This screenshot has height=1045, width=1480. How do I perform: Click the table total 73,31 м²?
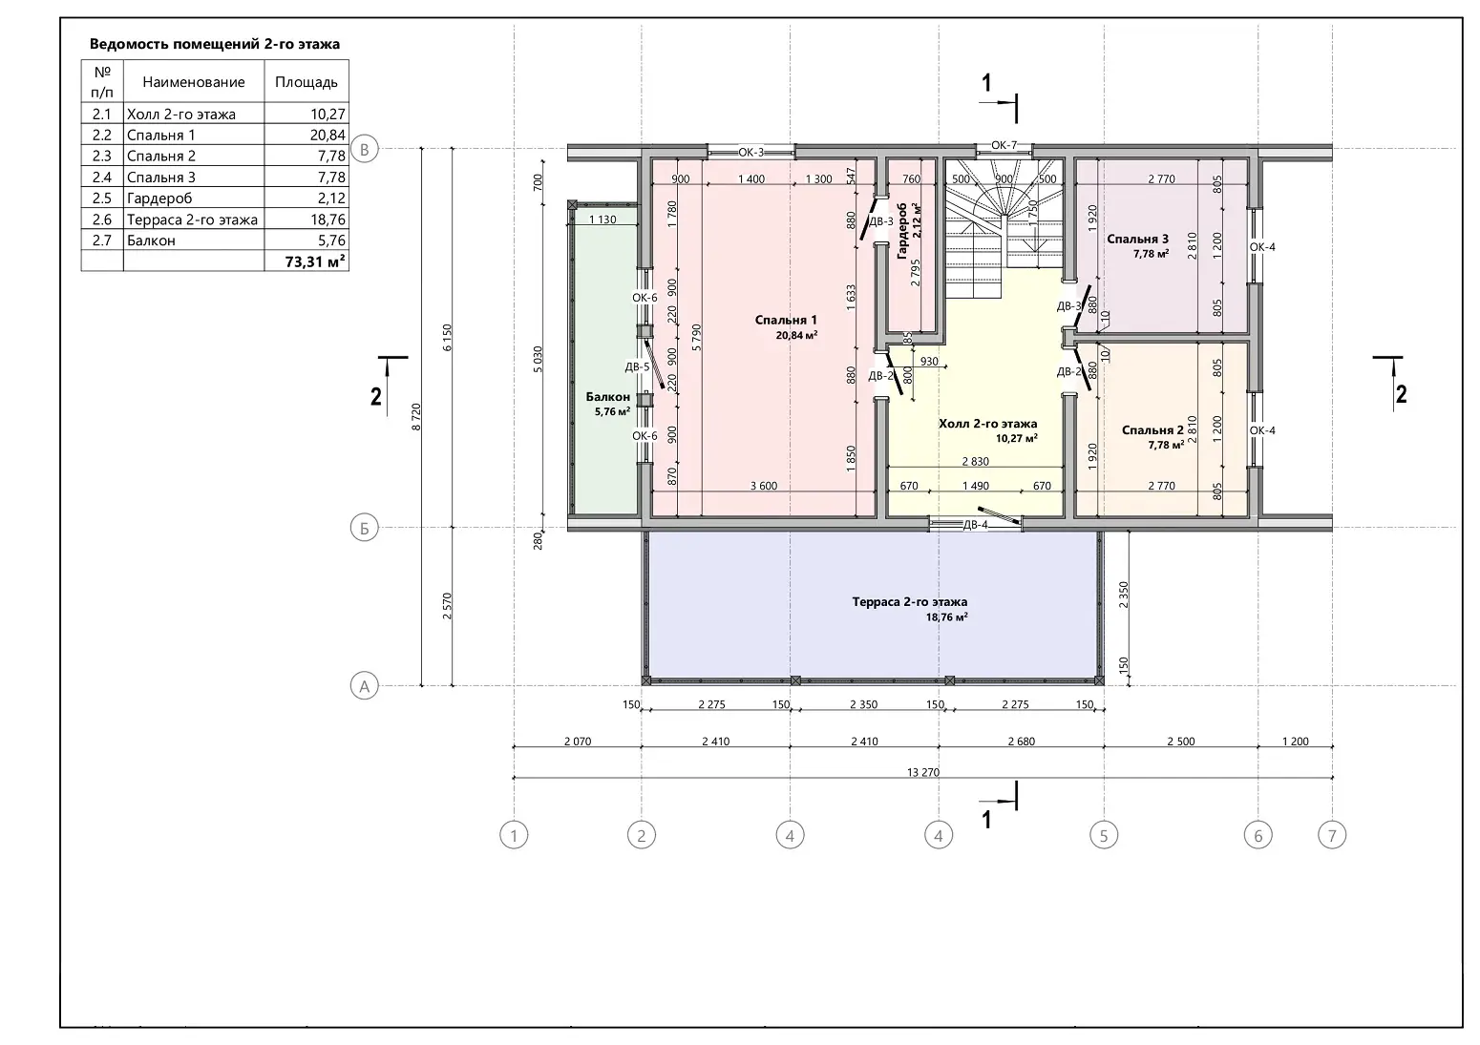click(x=314, y=261)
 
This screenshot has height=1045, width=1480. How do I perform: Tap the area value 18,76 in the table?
click(x=328, y=219)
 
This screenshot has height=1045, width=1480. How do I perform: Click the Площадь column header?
click(x=306, y=82)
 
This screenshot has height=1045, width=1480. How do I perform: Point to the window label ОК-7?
click(x=1004, y=145)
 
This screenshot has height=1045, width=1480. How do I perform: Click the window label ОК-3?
click(x=751, y=153)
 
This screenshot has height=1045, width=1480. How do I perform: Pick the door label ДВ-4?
click(x=975, y=525)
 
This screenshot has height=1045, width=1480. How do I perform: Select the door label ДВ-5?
click(x=638, y=367)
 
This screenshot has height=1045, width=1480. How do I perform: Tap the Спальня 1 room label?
click(x=786, y=321)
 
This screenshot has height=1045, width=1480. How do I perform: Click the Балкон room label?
click(x=608, y=397)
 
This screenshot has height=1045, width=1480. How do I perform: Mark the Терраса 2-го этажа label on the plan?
click(x=910, y=602)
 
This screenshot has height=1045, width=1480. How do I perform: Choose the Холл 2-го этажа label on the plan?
click(x=987, y=424)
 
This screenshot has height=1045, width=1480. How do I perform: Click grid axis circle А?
click(x=364, y=686)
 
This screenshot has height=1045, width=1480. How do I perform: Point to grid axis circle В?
click(x=364, y=149)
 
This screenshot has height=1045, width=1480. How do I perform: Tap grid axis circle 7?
click(x=1332, y=836)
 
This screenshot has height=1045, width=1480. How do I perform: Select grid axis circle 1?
click(x=514, y=836)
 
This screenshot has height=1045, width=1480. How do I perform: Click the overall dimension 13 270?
click(x=923, y=772)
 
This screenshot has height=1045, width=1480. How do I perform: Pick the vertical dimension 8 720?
click(x=415, y=417)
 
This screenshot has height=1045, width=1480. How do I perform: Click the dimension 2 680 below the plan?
click(x=1022, y=742)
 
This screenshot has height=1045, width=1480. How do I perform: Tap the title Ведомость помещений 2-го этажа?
click(x=215, y=44)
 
